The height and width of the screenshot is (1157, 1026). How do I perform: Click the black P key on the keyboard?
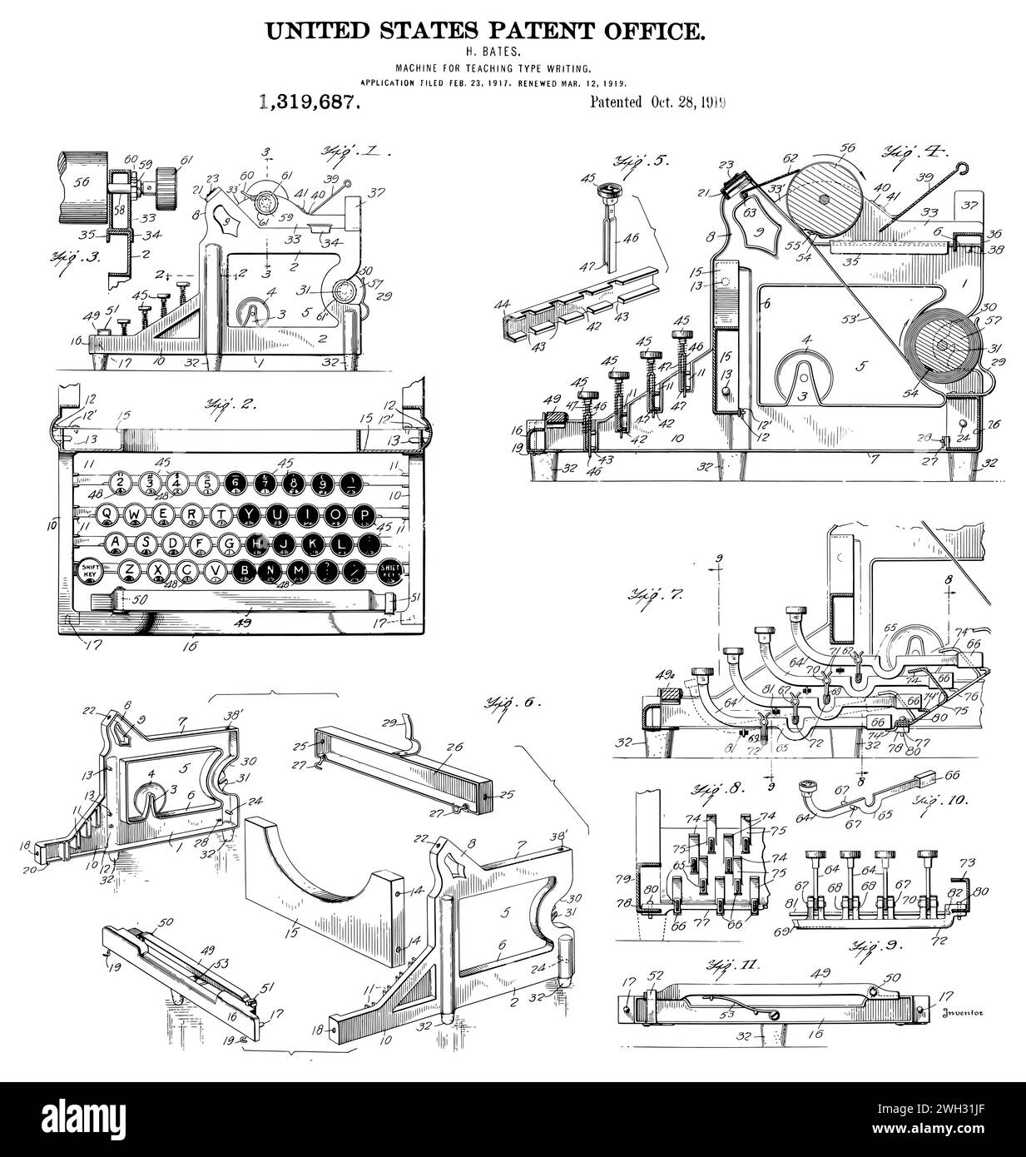(364, 515)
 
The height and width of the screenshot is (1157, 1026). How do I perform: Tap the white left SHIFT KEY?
(89, 570)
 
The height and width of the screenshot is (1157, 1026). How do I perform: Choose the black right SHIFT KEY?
(389, 570)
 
